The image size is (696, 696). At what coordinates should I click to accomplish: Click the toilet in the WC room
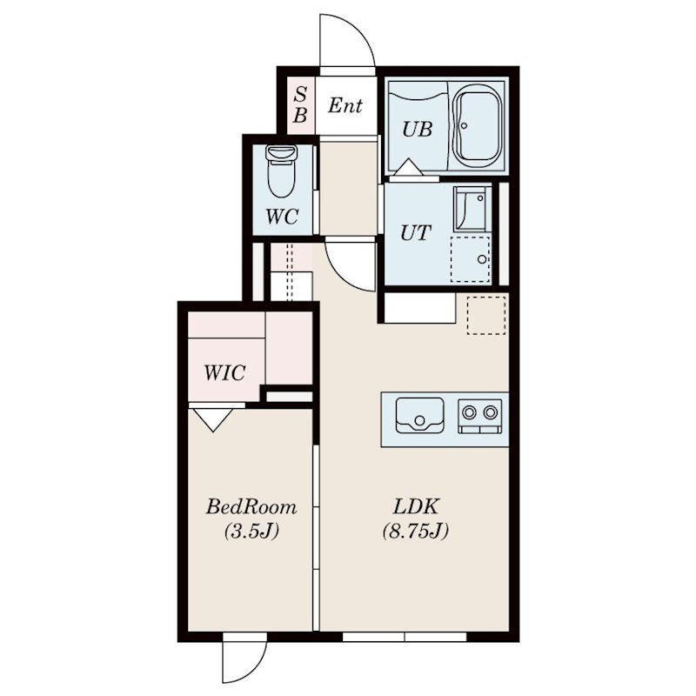click(281, 171)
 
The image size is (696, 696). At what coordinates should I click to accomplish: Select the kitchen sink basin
click(419, 415)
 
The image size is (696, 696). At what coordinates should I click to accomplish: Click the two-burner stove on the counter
click(480, 416)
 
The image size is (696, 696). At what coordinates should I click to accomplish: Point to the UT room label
click(416, 232)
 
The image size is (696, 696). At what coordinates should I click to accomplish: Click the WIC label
click(224, 373)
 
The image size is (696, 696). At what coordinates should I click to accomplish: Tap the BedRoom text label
click(251, 507)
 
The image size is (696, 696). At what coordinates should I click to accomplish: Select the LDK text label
click(416, 506)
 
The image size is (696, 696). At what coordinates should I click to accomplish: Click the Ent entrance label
click(345, 105)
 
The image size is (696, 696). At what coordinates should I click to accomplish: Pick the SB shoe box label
click(300, 104)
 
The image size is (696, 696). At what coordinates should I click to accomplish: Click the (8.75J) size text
click(416, 531)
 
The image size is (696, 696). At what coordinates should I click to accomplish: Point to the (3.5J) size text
click(251, 531)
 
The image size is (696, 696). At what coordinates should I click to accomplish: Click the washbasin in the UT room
click(471, 209)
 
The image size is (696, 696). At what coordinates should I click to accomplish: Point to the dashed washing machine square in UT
click(471, 259)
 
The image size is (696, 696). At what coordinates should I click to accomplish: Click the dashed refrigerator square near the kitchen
click(486, 315)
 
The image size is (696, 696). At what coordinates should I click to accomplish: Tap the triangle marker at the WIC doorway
click(213, 419)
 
